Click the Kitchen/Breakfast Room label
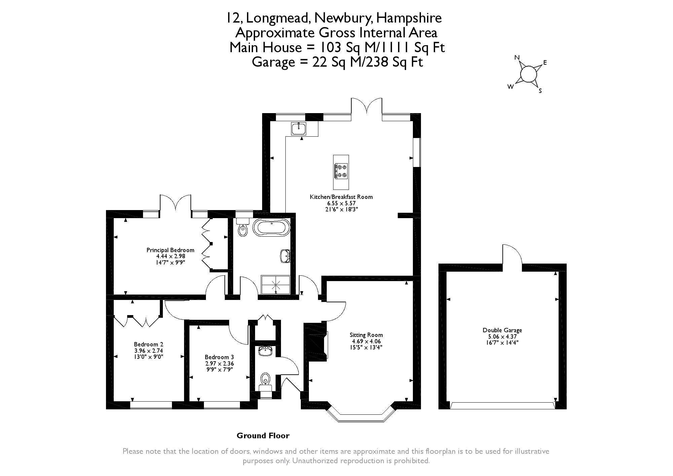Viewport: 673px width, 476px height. tap(341, 197)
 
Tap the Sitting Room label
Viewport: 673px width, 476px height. tap(366, 335)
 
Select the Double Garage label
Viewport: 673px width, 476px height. tap(502, 331)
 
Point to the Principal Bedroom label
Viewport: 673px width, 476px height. tap(170, 250)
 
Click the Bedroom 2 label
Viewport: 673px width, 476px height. tap(148, 344)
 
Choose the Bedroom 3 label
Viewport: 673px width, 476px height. tap(219, 357)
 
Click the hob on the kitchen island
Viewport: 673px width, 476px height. tap(341, 171)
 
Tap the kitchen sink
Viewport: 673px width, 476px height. tap(299, 128)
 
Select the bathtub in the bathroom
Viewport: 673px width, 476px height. tap(271, 228)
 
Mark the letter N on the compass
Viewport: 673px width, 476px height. tap(517, 58)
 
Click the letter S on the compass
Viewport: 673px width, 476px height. tap(540, 91)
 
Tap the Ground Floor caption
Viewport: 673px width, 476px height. tap(263, 436)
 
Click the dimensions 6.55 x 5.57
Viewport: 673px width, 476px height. tap(341, 203)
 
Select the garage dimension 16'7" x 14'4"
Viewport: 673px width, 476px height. tap(502, 343)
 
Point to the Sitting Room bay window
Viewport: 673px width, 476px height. tap(361, 414)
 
